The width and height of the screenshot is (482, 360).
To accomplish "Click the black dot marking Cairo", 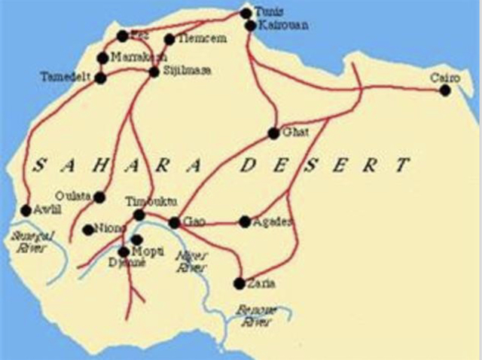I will pos(445,90).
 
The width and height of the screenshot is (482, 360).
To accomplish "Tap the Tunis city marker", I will pos(245,13).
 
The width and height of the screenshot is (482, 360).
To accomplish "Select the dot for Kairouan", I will pos(251,26).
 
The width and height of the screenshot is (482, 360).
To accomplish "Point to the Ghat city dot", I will pos(273,133).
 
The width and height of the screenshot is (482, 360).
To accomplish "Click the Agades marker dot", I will pos(245,221).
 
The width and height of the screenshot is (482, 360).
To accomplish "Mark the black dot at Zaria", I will pos(239,284).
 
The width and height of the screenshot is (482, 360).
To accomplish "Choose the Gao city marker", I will pos(174,223).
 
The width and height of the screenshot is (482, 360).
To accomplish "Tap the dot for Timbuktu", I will pos(139,215).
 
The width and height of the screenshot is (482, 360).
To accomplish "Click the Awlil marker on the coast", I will pos(26,211).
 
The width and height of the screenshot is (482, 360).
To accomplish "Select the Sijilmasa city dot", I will pos(154,72).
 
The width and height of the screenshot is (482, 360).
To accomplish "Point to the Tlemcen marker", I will pos(169,39).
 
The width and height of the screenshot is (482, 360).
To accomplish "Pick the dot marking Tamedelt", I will pos(100,78).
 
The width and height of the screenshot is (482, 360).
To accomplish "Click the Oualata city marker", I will pos(99,197).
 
